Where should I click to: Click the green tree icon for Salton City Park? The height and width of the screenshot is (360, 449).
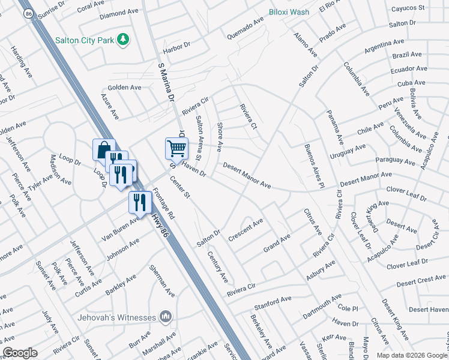click(123, 40)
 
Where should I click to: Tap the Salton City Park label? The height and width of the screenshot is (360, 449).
click(85, 40)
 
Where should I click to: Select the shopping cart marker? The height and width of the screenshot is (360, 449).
click(176, 147)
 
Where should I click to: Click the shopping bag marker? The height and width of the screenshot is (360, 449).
click(103, 149)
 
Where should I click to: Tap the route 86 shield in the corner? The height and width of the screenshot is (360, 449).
click(27, 13)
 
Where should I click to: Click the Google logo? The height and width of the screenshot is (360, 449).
click(20, 353)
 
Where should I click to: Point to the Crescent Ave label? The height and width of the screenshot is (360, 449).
click(246, 230)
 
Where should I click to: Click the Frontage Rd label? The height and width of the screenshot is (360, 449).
click(164, 203)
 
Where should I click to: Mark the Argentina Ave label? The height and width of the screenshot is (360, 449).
click(384, 46)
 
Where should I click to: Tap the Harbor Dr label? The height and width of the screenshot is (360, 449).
click(180, 49)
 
